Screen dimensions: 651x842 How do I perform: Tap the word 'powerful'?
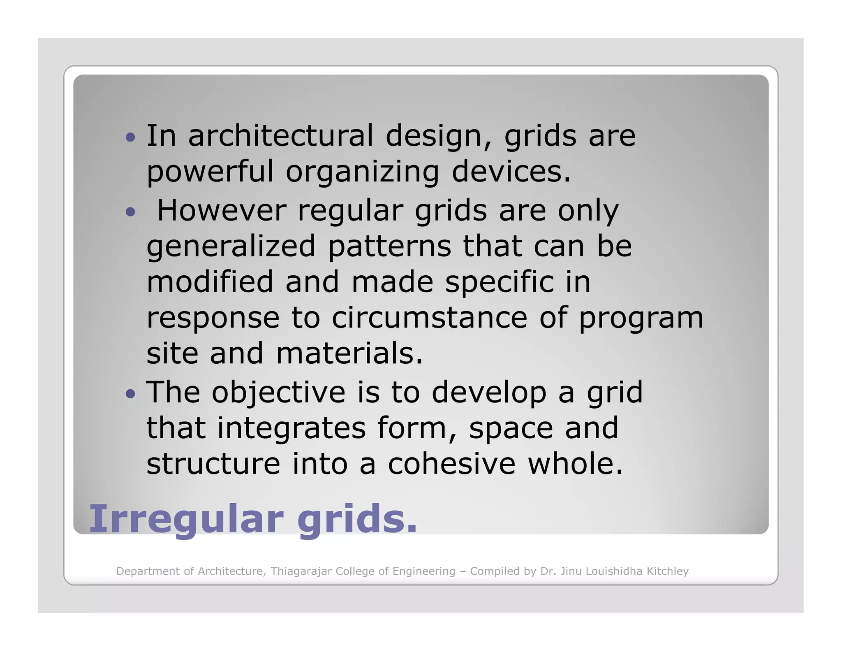click(210, 172)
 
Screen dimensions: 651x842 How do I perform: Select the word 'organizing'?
click(363, 172)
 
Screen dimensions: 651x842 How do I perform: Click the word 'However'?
click(222, 210)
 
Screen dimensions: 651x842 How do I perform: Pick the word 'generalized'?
click(231, 246)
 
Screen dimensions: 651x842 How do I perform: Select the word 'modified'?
click(210, 282)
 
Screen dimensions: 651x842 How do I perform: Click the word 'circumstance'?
click(430, 318)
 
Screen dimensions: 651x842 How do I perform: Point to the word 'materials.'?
click(349, 353)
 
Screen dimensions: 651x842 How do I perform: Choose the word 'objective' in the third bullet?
click(279, 392)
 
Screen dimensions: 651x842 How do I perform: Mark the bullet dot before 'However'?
click(130, 212)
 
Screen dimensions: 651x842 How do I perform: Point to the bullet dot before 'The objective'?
click(130, 394)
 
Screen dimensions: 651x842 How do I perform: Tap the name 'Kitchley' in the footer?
click(668, 571)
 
